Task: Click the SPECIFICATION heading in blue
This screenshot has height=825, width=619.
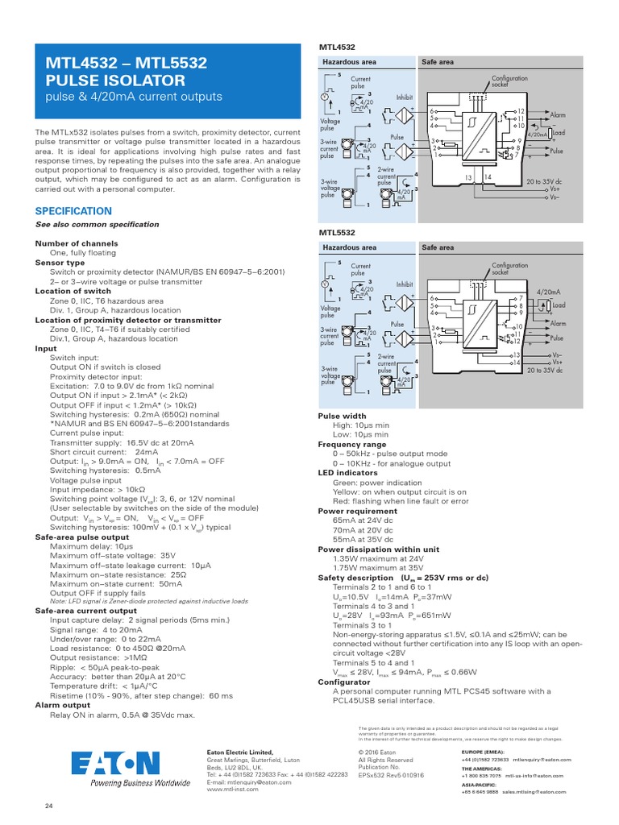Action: pyautogui.click(x=73, y=211)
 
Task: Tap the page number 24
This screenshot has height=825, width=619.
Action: pyautogui.click(x=48, y=806)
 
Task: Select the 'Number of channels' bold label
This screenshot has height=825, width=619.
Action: pyautogui.click(x=77, y=243)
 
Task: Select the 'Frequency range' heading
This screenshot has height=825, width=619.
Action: pyautogui.click(x=352, y=445)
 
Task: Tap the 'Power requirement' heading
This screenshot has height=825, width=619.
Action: pyautogui.click(x=359, y=511)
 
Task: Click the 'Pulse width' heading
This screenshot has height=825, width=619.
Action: pyautogui.click(x=343, y=416)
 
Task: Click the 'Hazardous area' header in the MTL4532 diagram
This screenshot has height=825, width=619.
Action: pyautogui.click(x=349, y=62)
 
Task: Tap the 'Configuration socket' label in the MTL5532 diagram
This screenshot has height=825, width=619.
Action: pyautogui.click(x=509, y=267)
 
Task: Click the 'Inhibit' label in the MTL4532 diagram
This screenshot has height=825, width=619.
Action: pyautogui.click(x=404, y=97)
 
